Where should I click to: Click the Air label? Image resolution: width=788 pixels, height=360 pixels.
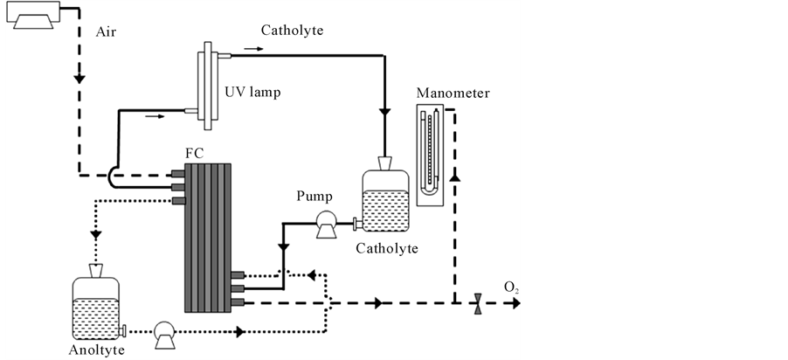coord(106,32)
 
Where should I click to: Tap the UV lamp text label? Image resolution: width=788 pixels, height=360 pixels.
coord(252,93)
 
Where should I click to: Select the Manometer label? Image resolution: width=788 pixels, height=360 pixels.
coord(453,93)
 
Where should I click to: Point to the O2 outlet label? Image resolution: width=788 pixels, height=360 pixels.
coord(511,287)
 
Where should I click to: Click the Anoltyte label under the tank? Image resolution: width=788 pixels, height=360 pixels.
coord(96,350)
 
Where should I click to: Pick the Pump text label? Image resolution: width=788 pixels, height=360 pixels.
coord(315,196)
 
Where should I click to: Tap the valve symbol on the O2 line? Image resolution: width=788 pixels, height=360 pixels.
coord(478,304)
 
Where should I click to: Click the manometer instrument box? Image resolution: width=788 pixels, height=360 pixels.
coord(430,155)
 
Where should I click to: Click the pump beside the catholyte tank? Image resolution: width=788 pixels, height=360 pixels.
coord(325,224)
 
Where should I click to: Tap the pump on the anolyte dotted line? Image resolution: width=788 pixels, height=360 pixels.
coord(164,335)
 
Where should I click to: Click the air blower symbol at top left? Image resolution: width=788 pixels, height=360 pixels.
coord(33,15)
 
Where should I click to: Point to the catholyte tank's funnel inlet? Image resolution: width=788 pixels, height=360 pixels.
coord(385,163)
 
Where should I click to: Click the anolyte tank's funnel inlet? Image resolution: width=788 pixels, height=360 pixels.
coord(95,271)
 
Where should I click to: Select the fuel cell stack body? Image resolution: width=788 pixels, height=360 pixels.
coord(208,238)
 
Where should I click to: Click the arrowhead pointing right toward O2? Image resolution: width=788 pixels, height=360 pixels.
coord(515,304)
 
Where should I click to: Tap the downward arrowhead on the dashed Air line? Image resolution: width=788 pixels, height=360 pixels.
coord(79,79)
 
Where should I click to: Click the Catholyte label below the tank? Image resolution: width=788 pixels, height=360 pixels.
coord(387,248)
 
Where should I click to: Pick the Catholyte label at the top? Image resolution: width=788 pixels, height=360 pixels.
coord(292,31)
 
